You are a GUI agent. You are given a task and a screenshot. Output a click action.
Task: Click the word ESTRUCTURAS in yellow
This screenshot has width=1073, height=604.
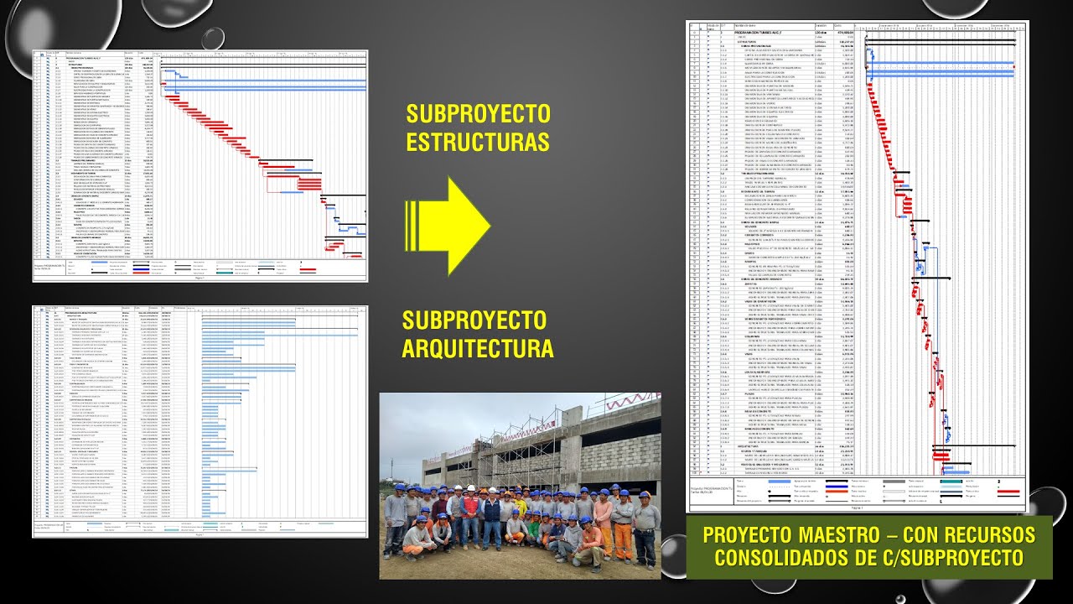(x=478, y=142)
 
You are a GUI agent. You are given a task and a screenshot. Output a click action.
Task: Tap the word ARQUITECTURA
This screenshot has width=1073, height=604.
(x=478, y=348)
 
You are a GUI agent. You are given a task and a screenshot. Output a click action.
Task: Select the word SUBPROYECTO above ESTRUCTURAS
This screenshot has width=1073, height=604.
(x=478, y=114)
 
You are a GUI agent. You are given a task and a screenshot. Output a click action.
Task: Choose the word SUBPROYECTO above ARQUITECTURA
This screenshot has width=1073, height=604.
(x=474, y=320)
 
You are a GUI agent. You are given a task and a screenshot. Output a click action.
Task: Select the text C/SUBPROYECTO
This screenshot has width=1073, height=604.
(x=951, y=558)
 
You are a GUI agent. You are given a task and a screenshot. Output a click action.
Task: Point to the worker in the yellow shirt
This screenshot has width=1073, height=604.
(x=520, y=508)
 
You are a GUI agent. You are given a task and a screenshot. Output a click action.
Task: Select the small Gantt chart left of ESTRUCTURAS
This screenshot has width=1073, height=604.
(x=200, y=165)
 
